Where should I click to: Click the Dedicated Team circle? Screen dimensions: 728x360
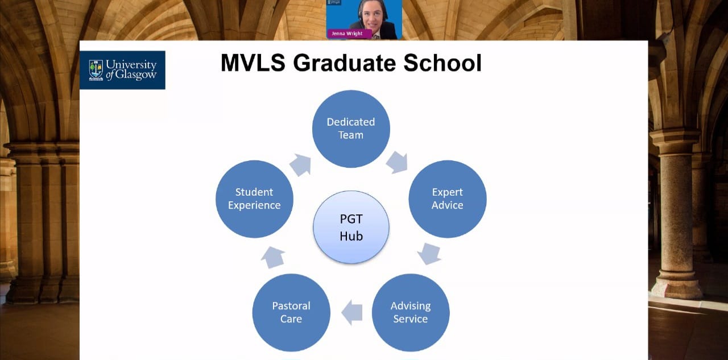pos(351,129)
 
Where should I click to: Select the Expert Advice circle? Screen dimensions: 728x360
pos(448,199)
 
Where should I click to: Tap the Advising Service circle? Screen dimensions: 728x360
pos(411,313)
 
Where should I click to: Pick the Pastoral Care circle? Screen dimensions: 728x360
pos(291,313)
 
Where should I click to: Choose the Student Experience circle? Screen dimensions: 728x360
pos(254,199)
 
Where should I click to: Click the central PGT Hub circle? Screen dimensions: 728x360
pos(351,227)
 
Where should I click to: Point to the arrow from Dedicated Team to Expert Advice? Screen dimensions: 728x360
pos(397,162)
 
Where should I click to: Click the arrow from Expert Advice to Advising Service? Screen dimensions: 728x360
pos(429,254)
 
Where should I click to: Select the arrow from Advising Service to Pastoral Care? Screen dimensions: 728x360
pos(352,313)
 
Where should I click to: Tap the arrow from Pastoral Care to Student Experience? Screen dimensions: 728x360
pos(273,257)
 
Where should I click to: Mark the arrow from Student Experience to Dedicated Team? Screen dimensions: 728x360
pos(300,165)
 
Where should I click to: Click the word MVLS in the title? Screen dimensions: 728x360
pos(253,63)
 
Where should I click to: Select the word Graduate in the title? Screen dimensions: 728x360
pos(344,63)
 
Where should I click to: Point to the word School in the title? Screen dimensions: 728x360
pos(442,63)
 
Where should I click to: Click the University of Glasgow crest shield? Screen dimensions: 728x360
pos(96,70)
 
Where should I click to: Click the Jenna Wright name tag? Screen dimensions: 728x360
pos(349,34)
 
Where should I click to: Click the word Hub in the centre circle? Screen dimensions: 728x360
pos(351,236)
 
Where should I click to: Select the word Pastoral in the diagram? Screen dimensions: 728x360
pos(291,306)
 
